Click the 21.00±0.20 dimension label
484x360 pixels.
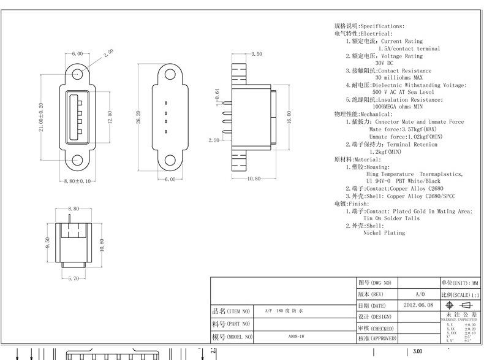(x=42, y=117)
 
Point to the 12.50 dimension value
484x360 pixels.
(x=109, y=116)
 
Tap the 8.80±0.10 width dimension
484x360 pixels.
(x=77, y=181)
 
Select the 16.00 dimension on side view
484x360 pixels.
(x=288, y=117)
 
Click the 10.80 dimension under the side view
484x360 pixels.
(x=254, y=179)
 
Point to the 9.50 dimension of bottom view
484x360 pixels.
(x=47, y=242)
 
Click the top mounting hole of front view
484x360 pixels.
(x=77, y=74)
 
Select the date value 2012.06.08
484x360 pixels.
(x=418, y=305)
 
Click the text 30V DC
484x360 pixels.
(x=385, y=63)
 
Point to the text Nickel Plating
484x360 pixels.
(x=384, y=233)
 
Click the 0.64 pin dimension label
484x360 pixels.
(x=217, y=94)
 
